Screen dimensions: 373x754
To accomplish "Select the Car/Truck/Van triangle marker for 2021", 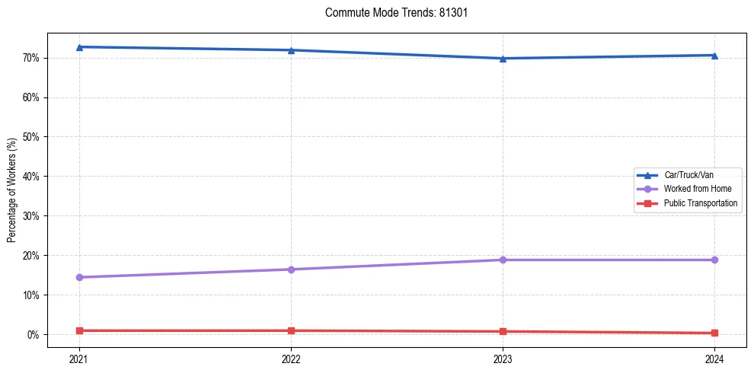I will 79,47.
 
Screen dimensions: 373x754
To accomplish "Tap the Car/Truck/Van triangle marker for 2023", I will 503,59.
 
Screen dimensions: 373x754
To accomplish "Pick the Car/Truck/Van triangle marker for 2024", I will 714,56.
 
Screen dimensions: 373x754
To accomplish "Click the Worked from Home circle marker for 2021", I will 79,277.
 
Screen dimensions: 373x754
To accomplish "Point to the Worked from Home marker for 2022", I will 291,269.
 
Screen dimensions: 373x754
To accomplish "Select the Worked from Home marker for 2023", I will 503,260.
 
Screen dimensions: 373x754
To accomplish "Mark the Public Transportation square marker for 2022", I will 291,330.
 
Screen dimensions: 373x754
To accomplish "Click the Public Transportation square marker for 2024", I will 714,333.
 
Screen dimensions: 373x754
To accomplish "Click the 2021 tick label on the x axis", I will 79,358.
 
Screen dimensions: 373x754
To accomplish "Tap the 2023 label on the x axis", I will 503,358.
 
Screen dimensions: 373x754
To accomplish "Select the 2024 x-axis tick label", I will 714,358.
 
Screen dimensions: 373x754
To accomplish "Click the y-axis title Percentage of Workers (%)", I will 12,190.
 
